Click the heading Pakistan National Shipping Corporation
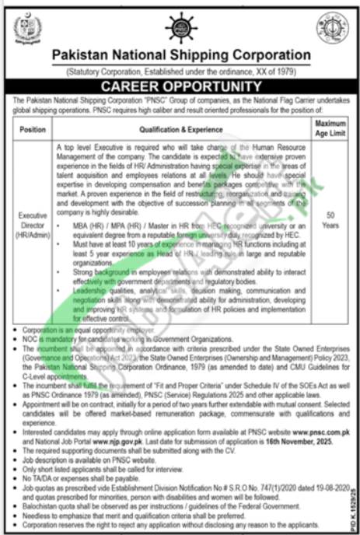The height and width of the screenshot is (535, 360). [180, 55]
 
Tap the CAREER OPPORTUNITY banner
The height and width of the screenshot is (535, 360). [180, 86]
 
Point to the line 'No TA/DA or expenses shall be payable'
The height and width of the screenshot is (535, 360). [72, 459]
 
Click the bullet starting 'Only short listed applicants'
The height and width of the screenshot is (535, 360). [96, 451]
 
